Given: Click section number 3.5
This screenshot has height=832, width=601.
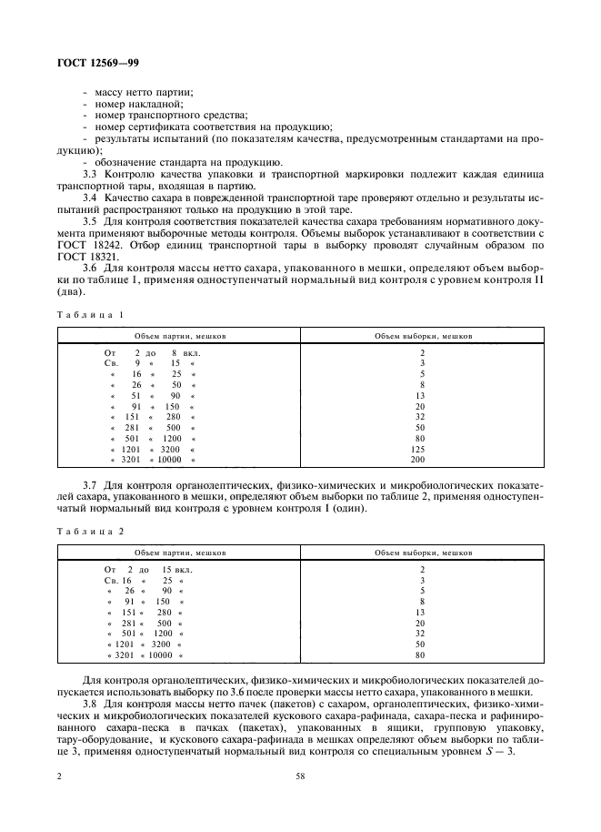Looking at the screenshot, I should pos(91,221).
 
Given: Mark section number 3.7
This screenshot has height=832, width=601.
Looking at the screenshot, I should pos(91,485).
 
